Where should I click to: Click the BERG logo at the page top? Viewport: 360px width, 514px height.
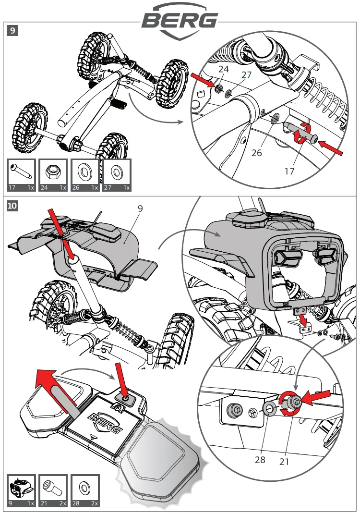click(180, 21)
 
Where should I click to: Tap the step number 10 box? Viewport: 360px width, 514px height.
click(13, 206)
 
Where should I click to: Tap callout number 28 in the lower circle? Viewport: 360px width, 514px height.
click(260, 460)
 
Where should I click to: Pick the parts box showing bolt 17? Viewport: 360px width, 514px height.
click(23, 176)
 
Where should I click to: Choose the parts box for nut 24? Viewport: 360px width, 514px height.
click(53, 176)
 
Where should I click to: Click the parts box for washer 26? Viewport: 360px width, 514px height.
click(84, 176)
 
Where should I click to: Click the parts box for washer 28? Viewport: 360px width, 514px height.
click(84, 490)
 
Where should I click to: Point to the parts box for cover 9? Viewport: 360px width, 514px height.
click(23, 490)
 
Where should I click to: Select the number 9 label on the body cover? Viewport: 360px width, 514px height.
click(141, 209)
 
